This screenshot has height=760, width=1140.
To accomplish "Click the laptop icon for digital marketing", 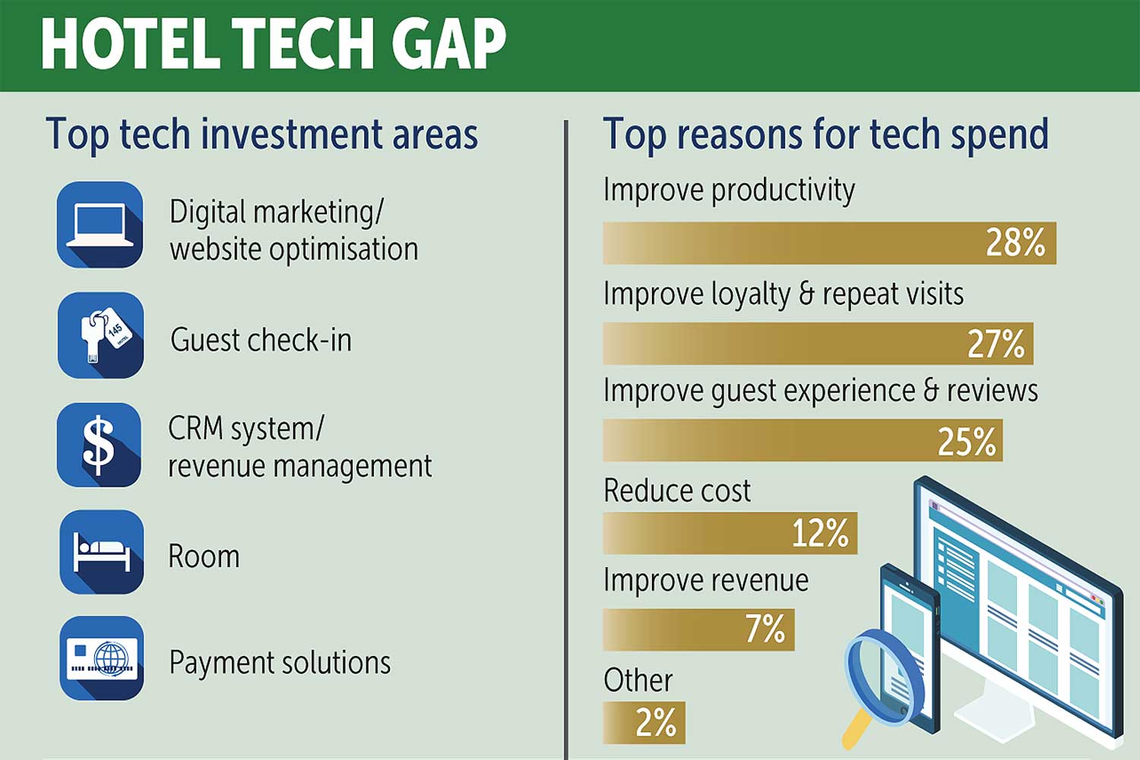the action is pyautogui.click(x=100, y=224).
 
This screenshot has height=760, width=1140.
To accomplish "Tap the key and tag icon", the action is pyautogui.click(x=100, y=335).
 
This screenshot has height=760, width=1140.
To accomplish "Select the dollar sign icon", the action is pyautogui.click(x=100, y=445).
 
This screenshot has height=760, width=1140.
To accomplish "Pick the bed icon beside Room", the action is pyautogui.click(x=101, y=552).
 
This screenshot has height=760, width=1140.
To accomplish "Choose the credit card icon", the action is pyautogui.click(x=101, y=658).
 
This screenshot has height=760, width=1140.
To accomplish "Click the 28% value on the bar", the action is pyautogui.click(x=1015, y=242).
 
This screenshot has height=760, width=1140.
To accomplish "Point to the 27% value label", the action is pyautogui.click(x=996, y=344).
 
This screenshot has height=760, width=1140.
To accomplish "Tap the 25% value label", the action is pyautogui.click(x=967, y=442).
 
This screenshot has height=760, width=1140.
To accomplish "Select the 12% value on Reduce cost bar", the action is pyautogui.click(x=820, y=533).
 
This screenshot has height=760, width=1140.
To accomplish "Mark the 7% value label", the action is pyautogui.click(x=765, y=629).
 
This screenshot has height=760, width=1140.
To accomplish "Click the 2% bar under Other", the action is pyautogui.click(x=644, y=723).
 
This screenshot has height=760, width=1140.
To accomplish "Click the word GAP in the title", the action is pyautogui.click(x=449, y=43).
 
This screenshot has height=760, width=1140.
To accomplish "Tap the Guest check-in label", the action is pyautogui.click(x=261, y=340).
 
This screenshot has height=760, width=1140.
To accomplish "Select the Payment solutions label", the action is pyautogui.click(x=280, y=663).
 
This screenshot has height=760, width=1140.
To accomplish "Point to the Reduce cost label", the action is pyautogui.click(x=677, y=491).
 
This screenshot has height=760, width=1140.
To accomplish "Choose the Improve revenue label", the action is pyautogui.click(x=706, y=581).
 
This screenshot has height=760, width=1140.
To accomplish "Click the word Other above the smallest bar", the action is pyautogui.click(x=638, y=680).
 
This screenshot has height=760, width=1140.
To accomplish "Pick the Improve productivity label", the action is pyautogui.click(x=730, y=191).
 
